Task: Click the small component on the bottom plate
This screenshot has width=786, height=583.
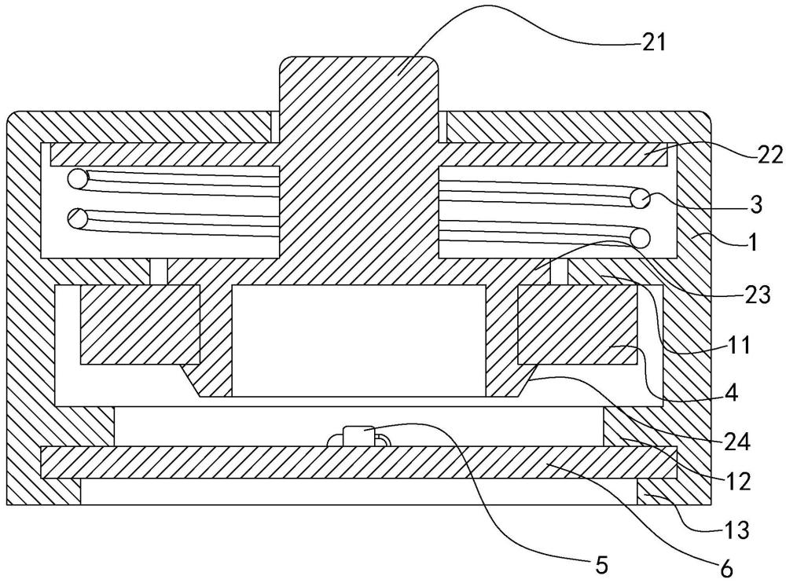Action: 358,434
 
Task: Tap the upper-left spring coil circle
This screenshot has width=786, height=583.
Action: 79,178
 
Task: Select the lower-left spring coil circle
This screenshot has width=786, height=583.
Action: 79,218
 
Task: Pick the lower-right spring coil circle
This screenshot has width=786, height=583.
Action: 640,236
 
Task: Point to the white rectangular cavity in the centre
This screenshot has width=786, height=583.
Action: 358,339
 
